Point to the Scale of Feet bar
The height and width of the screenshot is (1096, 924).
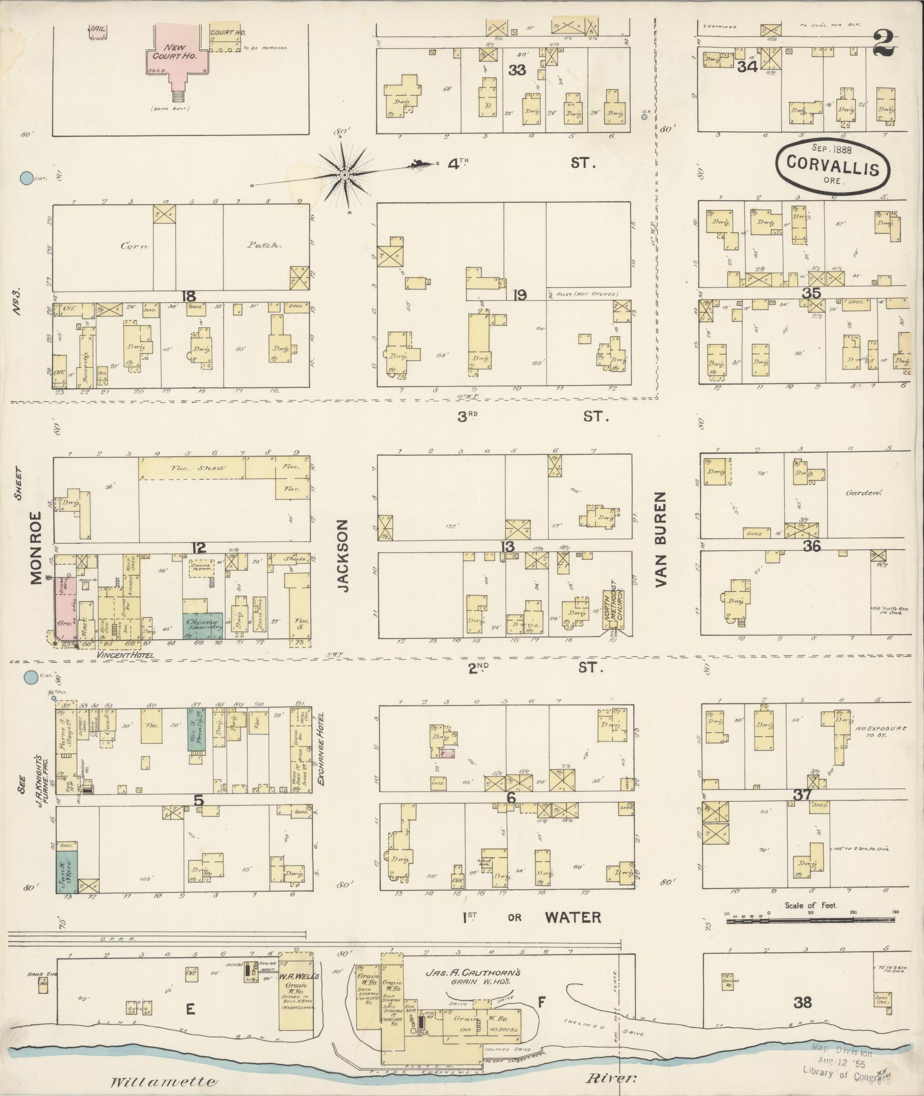point(811,921)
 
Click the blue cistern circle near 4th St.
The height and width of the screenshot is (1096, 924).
point(26,178)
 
